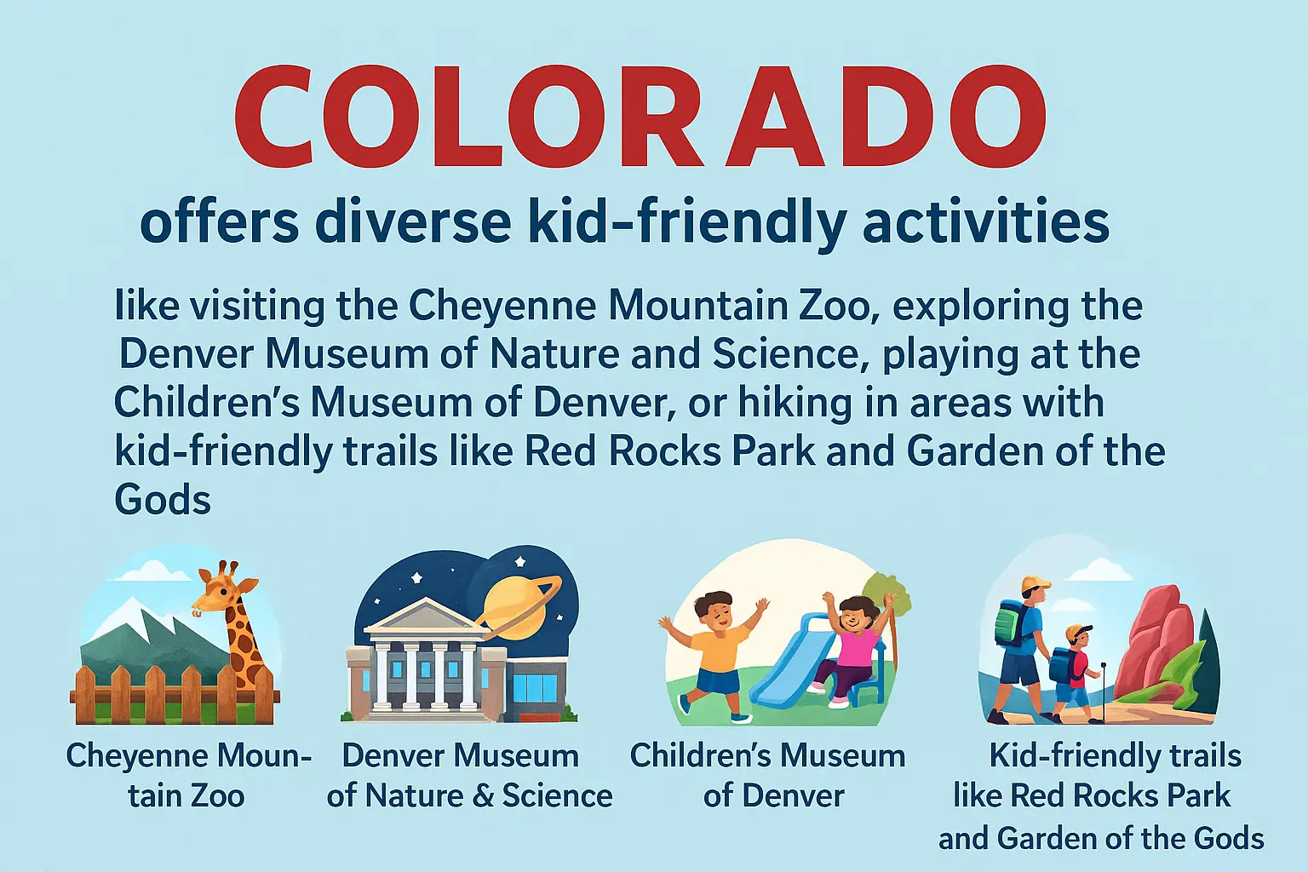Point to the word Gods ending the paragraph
[162, 500]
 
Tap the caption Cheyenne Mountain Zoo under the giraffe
[187, 775]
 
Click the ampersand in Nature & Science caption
[484, 796]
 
